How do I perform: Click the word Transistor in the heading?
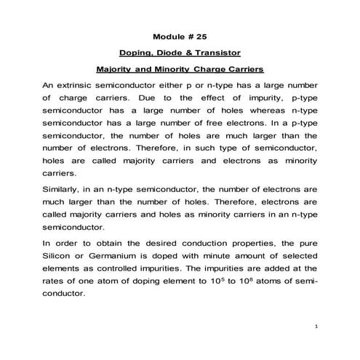coord(217,53)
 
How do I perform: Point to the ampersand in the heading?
coord(191,53)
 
